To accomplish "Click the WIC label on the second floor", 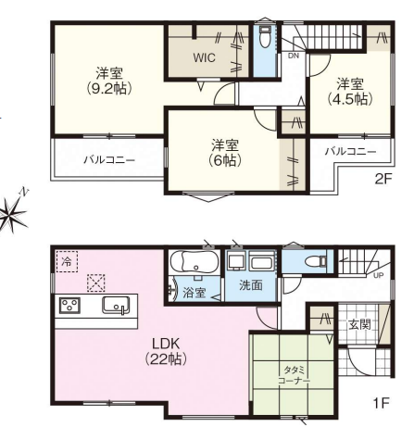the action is pyautogui.click(x=204, y=57).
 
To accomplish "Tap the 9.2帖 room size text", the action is pyautogui.click(x=109, y=89).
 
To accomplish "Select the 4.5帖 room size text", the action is pyautogui.click(x=350, y=99).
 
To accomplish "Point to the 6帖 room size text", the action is pyautogui.click(x=224, y=160).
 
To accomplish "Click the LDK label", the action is pyautogui.click(x=166, y=343).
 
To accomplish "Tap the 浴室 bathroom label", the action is pyautogui.click(x=194, y=292).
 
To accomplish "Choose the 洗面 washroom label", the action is pyautogui.click(x=251, y=285).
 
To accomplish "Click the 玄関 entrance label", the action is pyautogui.click(x=359, y=324).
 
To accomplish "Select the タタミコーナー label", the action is pyautogui.click(x=294, y=375).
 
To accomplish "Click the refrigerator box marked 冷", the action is pyautogui.click(x=67, y=261).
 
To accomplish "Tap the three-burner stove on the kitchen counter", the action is pyautogui.click(x=69, y=306).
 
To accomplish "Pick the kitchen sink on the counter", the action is pyautogui.click(x=116, y=306).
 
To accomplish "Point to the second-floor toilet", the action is pyautogui.click(x=265, y=37).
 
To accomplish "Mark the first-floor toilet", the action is pyautogui.click(x=315, y=261).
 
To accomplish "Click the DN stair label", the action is pyautogui.click(x=293, y=56).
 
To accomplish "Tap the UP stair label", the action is pyautogui.click(x=379, y=275).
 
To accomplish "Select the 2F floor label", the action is pyautogui.click(x=383, y=179).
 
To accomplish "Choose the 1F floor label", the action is pyautogui.click(x=382, y=403).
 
